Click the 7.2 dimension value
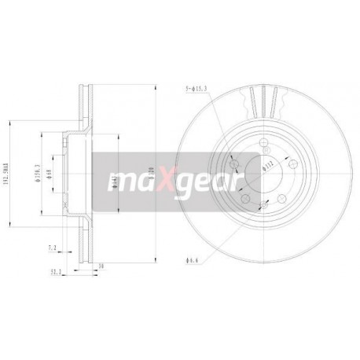52,248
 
